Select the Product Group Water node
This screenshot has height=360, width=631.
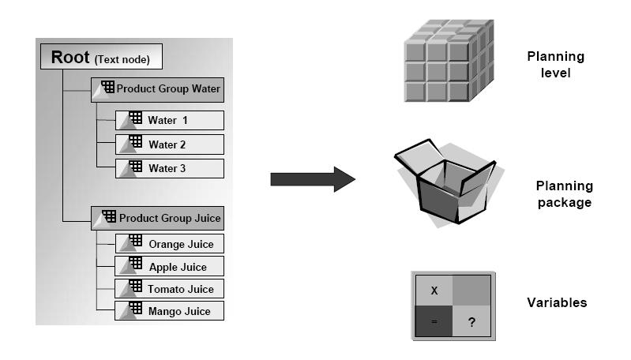(x=158, y=89)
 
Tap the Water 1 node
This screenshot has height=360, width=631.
(x=170, y=121)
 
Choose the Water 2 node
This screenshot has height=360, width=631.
(x=170, y=144)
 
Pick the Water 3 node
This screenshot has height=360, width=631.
(x=170, y=168)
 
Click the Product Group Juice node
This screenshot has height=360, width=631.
(x=158, y=217)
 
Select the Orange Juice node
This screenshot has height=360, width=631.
(x=170, y=244)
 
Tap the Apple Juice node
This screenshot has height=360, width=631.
(x=170, y=267)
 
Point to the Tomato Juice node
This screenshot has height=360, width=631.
(x=170, y=289)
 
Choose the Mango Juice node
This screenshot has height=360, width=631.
(x=170, y=311)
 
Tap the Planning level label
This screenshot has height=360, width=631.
(x=556, y=65)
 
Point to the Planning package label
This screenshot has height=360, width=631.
(x=564, y=194)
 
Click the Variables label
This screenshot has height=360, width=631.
(x=557, y=302)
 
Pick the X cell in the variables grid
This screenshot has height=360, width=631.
(x=434, y=290)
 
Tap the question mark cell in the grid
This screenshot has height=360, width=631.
(x=471, y=321)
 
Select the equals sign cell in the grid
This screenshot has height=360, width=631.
(x=434, y=321)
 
